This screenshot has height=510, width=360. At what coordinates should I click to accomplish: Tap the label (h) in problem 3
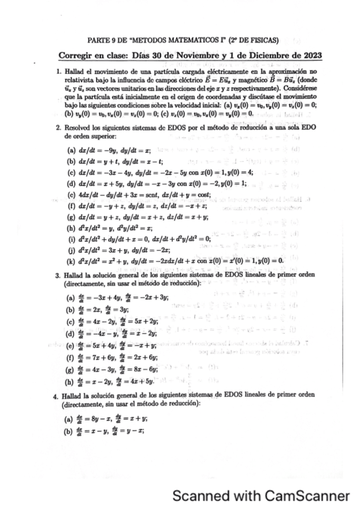71,381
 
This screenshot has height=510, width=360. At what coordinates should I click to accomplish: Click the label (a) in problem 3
71,297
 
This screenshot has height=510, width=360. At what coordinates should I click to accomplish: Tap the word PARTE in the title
99,41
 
